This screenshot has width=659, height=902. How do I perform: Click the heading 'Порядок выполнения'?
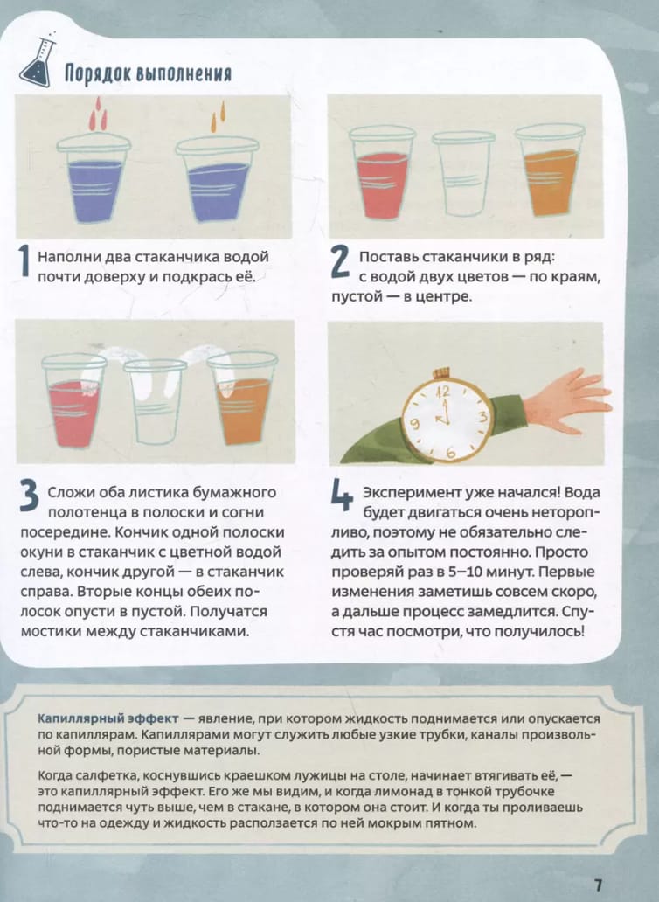pyautogui.click(x=148, y=73)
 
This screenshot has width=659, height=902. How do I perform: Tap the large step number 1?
pyautogui.click(x=24, y=261)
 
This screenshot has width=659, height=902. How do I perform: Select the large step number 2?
pyautogui.click(x=340, y=262)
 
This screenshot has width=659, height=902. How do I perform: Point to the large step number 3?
pyautogui.click(x=30, y=496)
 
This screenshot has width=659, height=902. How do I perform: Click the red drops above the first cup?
pyautogui.click(x=97, y=114)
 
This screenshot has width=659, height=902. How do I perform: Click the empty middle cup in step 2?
pyautogui.click(x=463, y=173)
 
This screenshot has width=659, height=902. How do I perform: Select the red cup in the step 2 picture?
pyautogui.click(x=383, y=172)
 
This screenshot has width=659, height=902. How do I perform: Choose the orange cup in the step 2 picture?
pyautogui.click(x=550, y=170)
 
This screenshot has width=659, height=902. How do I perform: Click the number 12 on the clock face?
pyautogui.click(x=443, y=392)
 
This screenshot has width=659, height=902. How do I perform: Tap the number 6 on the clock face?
pyautogui.click(x=451, y=453)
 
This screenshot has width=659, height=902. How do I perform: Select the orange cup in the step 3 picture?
pyautogui.click(x=243, y=398)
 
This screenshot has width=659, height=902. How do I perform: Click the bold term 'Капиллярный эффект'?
pyautogui.click(x=108, y=718)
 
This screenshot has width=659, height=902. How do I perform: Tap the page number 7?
pyautogui.click(x=598, y=885)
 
